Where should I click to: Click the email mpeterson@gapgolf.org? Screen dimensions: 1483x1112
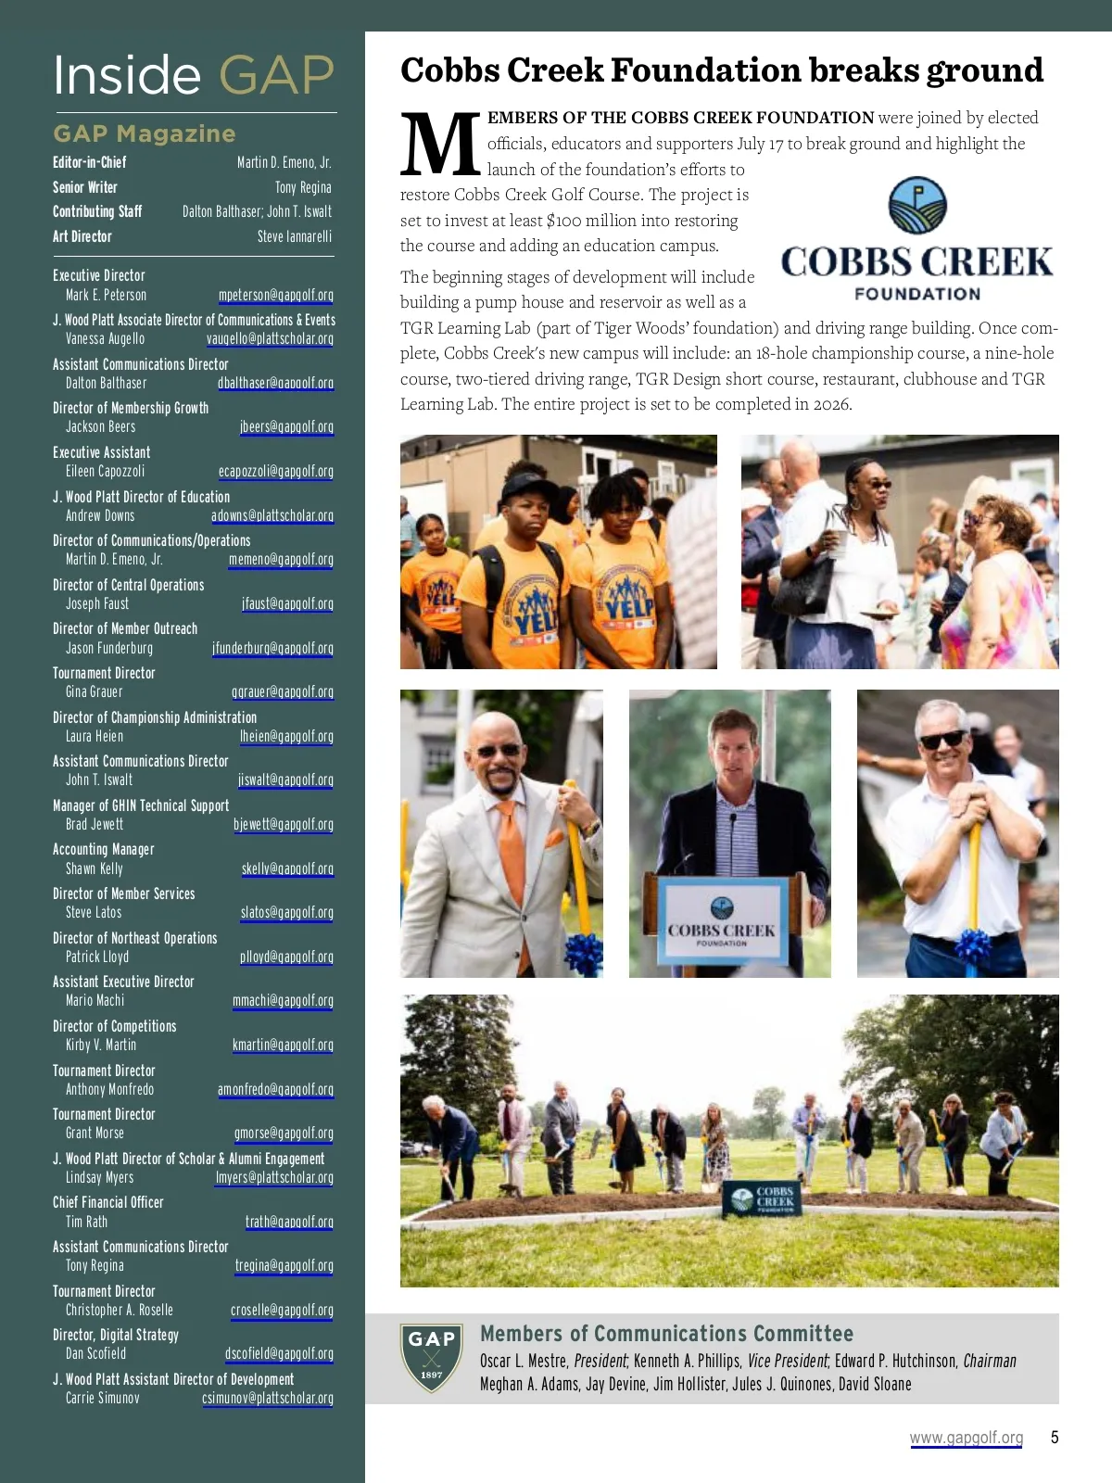pyautogui.click(x=275, y=295)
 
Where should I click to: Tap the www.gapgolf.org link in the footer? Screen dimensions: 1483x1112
pyautogui.click(x=966, y=1438)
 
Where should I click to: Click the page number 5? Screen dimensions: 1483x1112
pyautogui.click(x=1055, y=1437)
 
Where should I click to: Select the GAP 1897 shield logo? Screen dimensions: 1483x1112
pyautogui.click(x=432, y=1357)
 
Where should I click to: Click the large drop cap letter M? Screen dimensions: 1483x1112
pyautogui.click(x=440, y=146)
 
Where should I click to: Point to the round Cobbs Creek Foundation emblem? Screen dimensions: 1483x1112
pyautogui.click(x=917, y=206)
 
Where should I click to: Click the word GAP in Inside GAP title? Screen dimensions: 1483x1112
pyautogui.click(x=276, y=76)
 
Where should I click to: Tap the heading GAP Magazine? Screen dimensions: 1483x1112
pyautogui.click(x=145, y=133)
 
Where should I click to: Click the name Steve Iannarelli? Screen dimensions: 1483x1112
pyautogui.click(x=294, y=236)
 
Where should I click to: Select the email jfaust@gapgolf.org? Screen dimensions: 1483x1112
pyautogui.click(x=287, y=603)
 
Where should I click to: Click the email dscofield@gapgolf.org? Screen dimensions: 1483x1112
pyautogui.click(x=279, y=1353)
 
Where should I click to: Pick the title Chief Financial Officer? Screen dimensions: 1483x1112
pyautogui.click(x=107, y=1202)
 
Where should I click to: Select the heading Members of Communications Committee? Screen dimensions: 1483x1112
pyautogui.click(x=666, y=1334)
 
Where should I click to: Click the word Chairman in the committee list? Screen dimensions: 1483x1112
pyautogui.click(x=990, y=1361)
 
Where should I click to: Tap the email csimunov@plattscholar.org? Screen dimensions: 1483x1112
pyautogui.click(x=267, y=1398)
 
